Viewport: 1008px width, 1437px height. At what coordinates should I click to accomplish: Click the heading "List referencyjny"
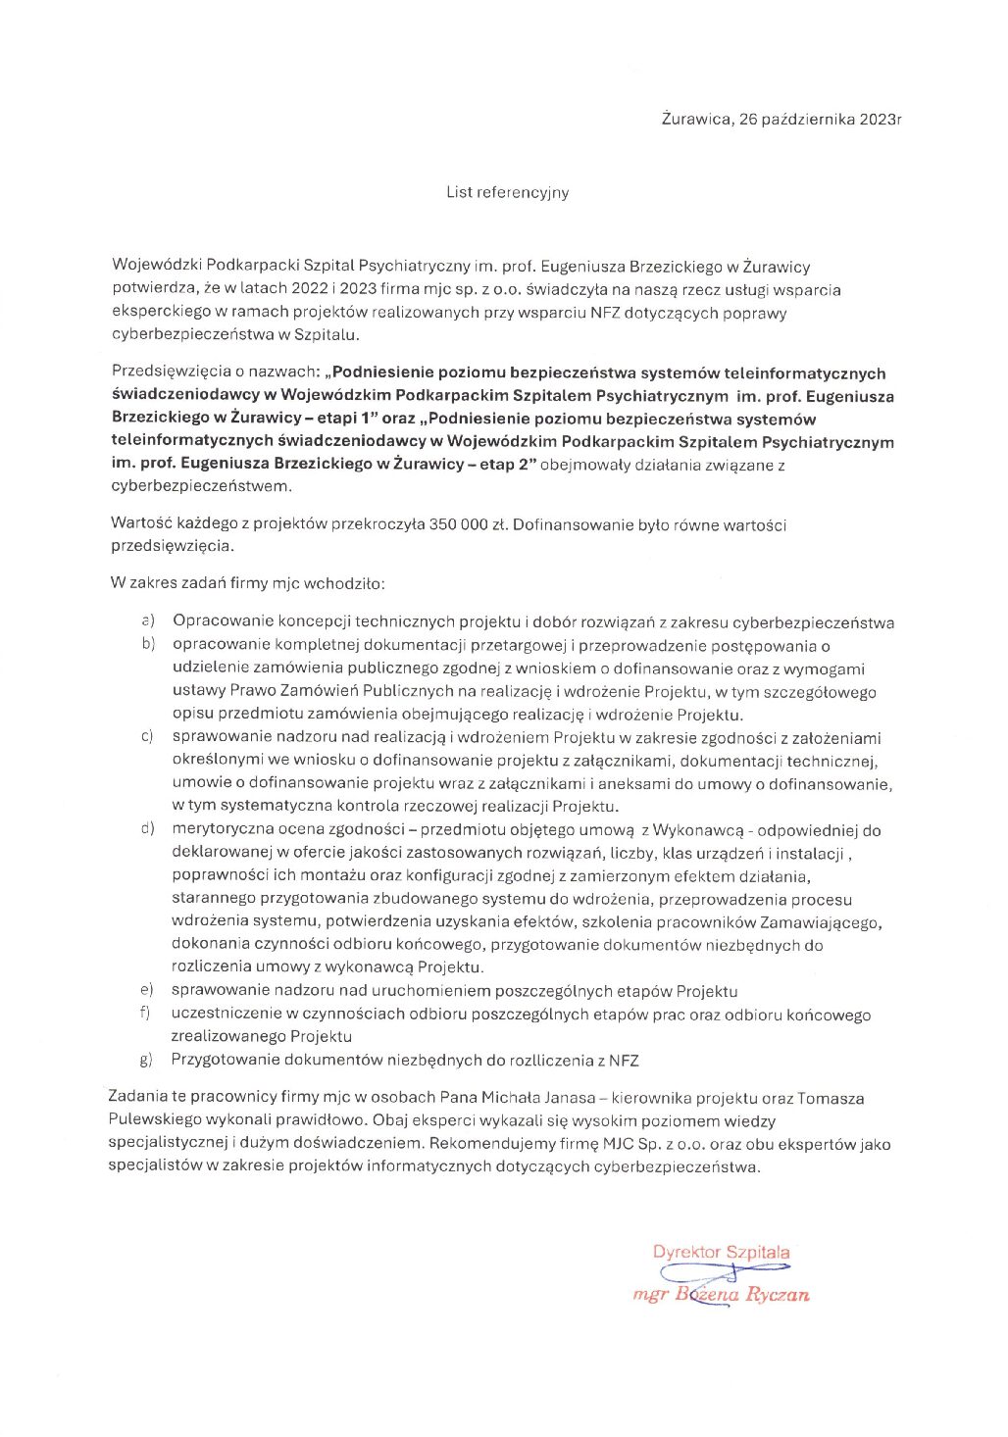[x=507, y=192]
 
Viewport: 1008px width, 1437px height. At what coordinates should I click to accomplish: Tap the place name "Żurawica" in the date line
[x=696, y=120]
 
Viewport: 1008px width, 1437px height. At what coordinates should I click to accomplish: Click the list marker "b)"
[x=149, y=644]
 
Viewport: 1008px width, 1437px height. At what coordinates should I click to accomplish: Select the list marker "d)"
[x=149, y=829]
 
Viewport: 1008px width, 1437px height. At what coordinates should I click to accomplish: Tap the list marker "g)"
[x=148, y=1060]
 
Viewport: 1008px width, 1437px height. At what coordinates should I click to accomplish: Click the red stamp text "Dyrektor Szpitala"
[x=721, y=1252]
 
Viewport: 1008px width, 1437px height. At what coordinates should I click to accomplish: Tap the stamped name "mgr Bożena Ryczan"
[x=721, y=1295]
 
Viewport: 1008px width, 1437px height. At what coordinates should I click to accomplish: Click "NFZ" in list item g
[x=623, y=1060]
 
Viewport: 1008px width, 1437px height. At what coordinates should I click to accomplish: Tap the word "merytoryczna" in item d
[x=219, y=830]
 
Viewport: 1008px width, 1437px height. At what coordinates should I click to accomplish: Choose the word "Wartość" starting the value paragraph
[x=141, y=524]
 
